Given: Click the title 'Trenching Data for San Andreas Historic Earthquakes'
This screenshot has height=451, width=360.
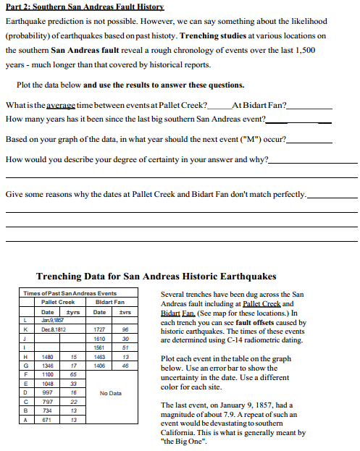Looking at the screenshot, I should [156, 276].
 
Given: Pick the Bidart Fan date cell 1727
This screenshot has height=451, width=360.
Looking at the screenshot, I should [100, 327].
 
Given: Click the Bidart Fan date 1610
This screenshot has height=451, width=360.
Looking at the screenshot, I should [100, 337].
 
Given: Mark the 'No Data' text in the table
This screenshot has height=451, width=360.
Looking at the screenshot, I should [110, 393].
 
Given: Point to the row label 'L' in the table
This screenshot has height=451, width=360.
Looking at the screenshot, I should [27, 319].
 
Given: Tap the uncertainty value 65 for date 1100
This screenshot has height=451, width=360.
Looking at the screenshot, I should [74, 375].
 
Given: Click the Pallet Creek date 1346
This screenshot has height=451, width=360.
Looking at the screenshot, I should [49, 366].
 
